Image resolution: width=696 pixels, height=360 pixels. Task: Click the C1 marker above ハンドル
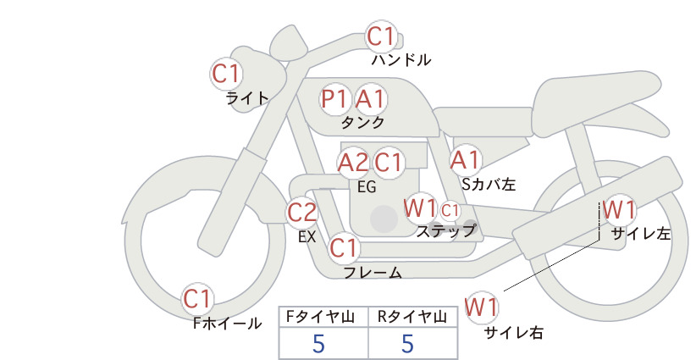coord(381,36)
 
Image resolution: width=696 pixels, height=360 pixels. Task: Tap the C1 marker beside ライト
coord(226,74)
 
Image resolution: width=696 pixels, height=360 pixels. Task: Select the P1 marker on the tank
coord(335,98)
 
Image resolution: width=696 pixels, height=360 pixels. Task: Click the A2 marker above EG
coord(353,163)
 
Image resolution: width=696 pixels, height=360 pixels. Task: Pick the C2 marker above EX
coord(301,213)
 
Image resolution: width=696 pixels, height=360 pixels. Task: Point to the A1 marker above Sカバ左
coord(465,160)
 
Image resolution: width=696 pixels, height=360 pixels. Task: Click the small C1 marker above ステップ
coord(450,210)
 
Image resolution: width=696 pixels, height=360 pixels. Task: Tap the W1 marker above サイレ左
coord(619,210)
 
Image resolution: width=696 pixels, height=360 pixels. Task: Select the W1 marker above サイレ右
coord(482,307)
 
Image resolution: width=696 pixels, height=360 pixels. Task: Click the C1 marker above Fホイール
coord(197,299)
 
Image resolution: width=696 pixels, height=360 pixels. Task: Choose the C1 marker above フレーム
coord(344,247)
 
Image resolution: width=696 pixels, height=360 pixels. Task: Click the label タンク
coord(362,123)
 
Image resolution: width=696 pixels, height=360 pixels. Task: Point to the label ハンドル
coord(401,59)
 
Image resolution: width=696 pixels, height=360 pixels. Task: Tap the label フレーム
coord(373,273)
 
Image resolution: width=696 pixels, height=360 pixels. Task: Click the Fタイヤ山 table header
coord(321,317)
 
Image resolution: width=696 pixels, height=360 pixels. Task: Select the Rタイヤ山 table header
coord(412,317)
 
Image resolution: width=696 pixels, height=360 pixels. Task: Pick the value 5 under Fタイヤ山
coord(318,343)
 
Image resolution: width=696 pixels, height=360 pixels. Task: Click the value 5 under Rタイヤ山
coord(407,343)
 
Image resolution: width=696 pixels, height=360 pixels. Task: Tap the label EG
coord(367,187)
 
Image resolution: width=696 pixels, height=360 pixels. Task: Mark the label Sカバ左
coord(489,184)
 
